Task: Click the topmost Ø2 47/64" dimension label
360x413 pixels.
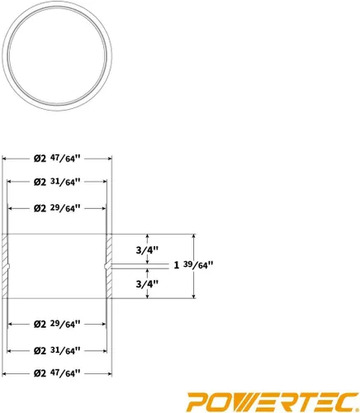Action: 57,159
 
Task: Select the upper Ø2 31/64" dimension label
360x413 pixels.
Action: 57,182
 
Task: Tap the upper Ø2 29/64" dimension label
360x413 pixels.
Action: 57,208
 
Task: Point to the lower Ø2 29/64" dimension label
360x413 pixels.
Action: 57,324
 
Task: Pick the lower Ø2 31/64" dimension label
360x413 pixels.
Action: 57,350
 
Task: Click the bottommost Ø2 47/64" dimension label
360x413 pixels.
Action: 57,373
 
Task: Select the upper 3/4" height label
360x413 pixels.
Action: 147,250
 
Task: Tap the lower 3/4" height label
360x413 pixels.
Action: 147,283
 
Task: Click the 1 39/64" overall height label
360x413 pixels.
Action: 193,265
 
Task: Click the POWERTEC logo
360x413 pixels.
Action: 272,401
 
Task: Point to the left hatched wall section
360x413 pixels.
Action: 6,266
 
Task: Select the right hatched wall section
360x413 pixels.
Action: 108,266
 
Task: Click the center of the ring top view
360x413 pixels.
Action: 57,56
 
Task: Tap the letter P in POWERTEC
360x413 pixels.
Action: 198,401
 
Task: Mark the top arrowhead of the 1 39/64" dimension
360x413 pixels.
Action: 194,236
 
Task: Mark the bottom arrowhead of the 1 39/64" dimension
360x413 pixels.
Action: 194,296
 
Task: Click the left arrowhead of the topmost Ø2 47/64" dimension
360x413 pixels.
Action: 4,159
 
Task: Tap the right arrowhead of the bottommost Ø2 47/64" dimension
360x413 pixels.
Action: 110,373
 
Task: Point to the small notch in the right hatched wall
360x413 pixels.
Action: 106,266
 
